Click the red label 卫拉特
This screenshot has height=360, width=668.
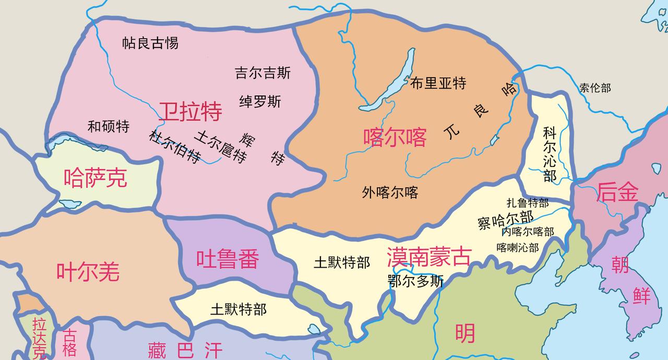pos(190,112)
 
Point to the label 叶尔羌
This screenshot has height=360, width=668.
pos(88,272)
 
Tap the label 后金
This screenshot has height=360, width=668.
pos(617,192)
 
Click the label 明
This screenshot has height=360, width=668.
pos(464,333)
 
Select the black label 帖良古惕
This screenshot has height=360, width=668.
pos(150,43)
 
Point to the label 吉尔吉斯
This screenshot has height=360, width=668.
pos(263,73)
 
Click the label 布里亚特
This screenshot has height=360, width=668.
pos(438,83)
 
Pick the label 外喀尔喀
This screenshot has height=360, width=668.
pos(390,193)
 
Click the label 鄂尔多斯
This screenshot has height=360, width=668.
pos(415,281)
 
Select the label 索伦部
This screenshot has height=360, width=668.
pos(595,88)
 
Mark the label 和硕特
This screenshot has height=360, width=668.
pos(109,126)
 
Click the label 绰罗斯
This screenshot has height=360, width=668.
pos(260,101)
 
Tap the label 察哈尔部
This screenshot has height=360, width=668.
pos(505,219)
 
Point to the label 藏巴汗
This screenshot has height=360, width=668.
pos(185,350)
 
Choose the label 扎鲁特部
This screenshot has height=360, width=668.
pos(528,203)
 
